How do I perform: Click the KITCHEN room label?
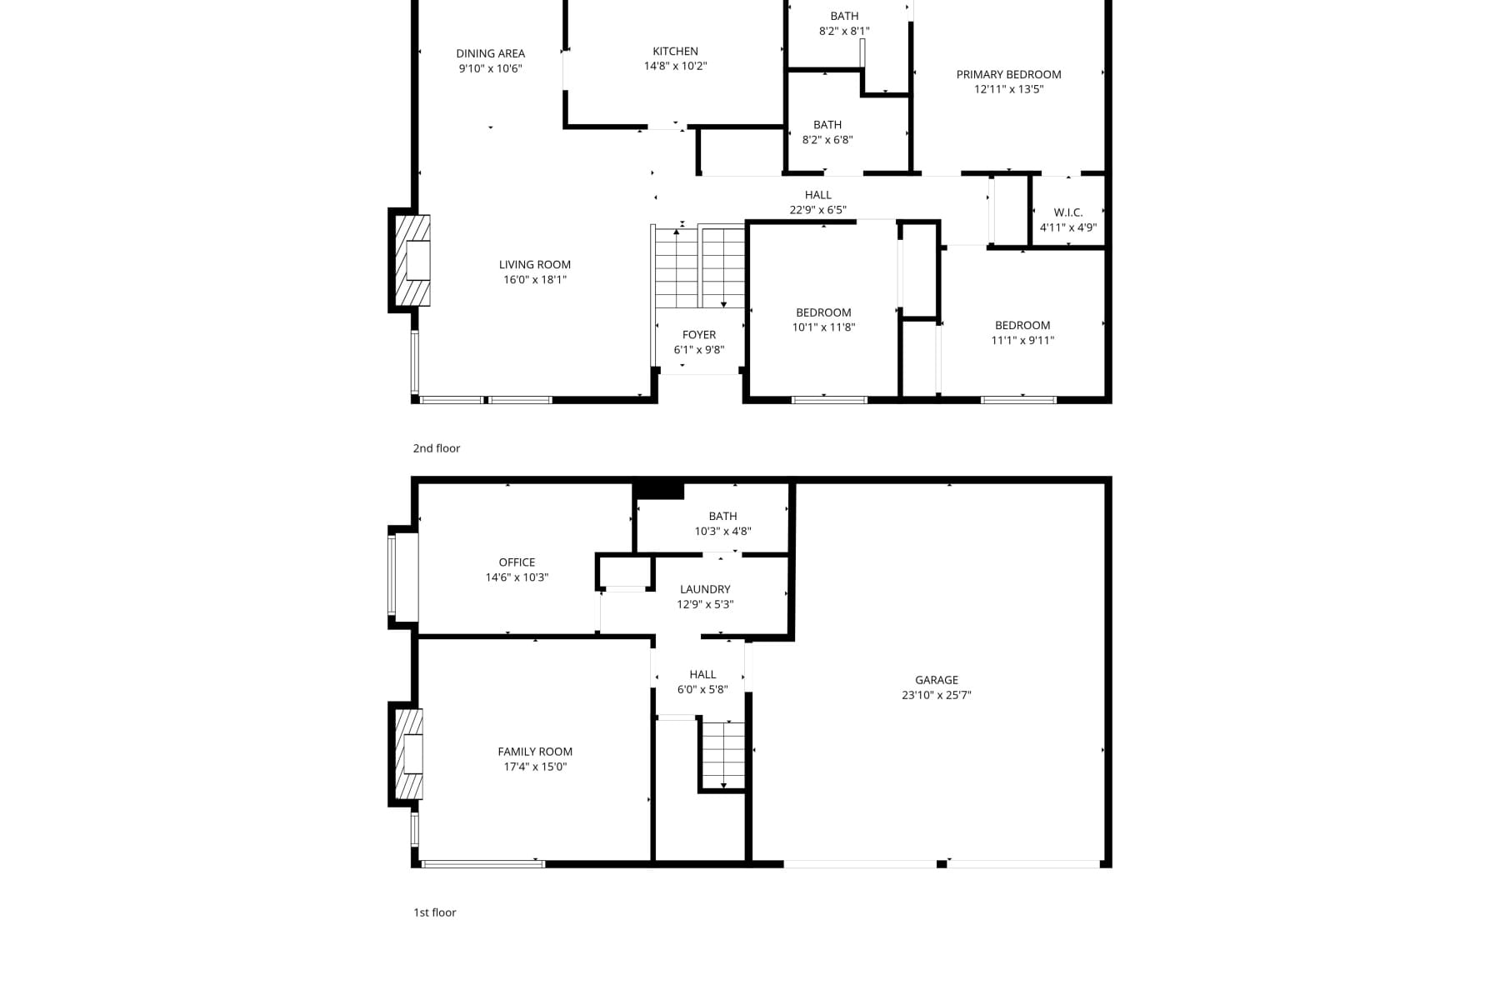pos(675,52)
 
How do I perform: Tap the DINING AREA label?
pos(490,54)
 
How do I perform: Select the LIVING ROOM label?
pos(535,265)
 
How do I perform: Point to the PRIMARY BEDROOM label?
pos(1008,75)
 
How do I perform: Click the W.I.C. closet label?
pos(1068,212)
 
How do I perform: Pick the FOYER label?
pos(699,335)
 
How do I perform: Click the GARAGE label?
pos(937,680)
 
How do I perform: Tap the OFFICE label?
pos(517,562)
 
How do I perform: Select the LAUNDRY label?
pos(705,589)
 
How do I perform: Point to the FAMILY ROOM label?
pos(535,752)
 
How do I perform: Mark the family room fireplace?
pos(408,754)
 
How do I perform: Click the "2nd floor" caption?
pos(437,448)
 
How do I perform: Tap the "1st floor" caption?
pos(435,912)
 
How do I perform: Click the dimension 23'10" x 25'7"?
pos(937,695)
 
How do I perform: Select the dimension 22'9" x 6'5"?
pos(818,210)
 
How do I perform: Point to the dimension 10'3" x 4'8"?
pos(723,531)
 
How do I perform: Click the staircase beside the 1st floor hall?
pos(722,756)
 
